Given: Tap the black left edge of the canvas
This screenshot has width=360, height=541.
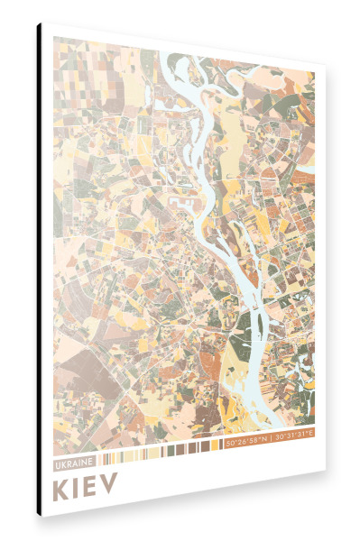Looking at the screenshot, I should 39,270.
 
